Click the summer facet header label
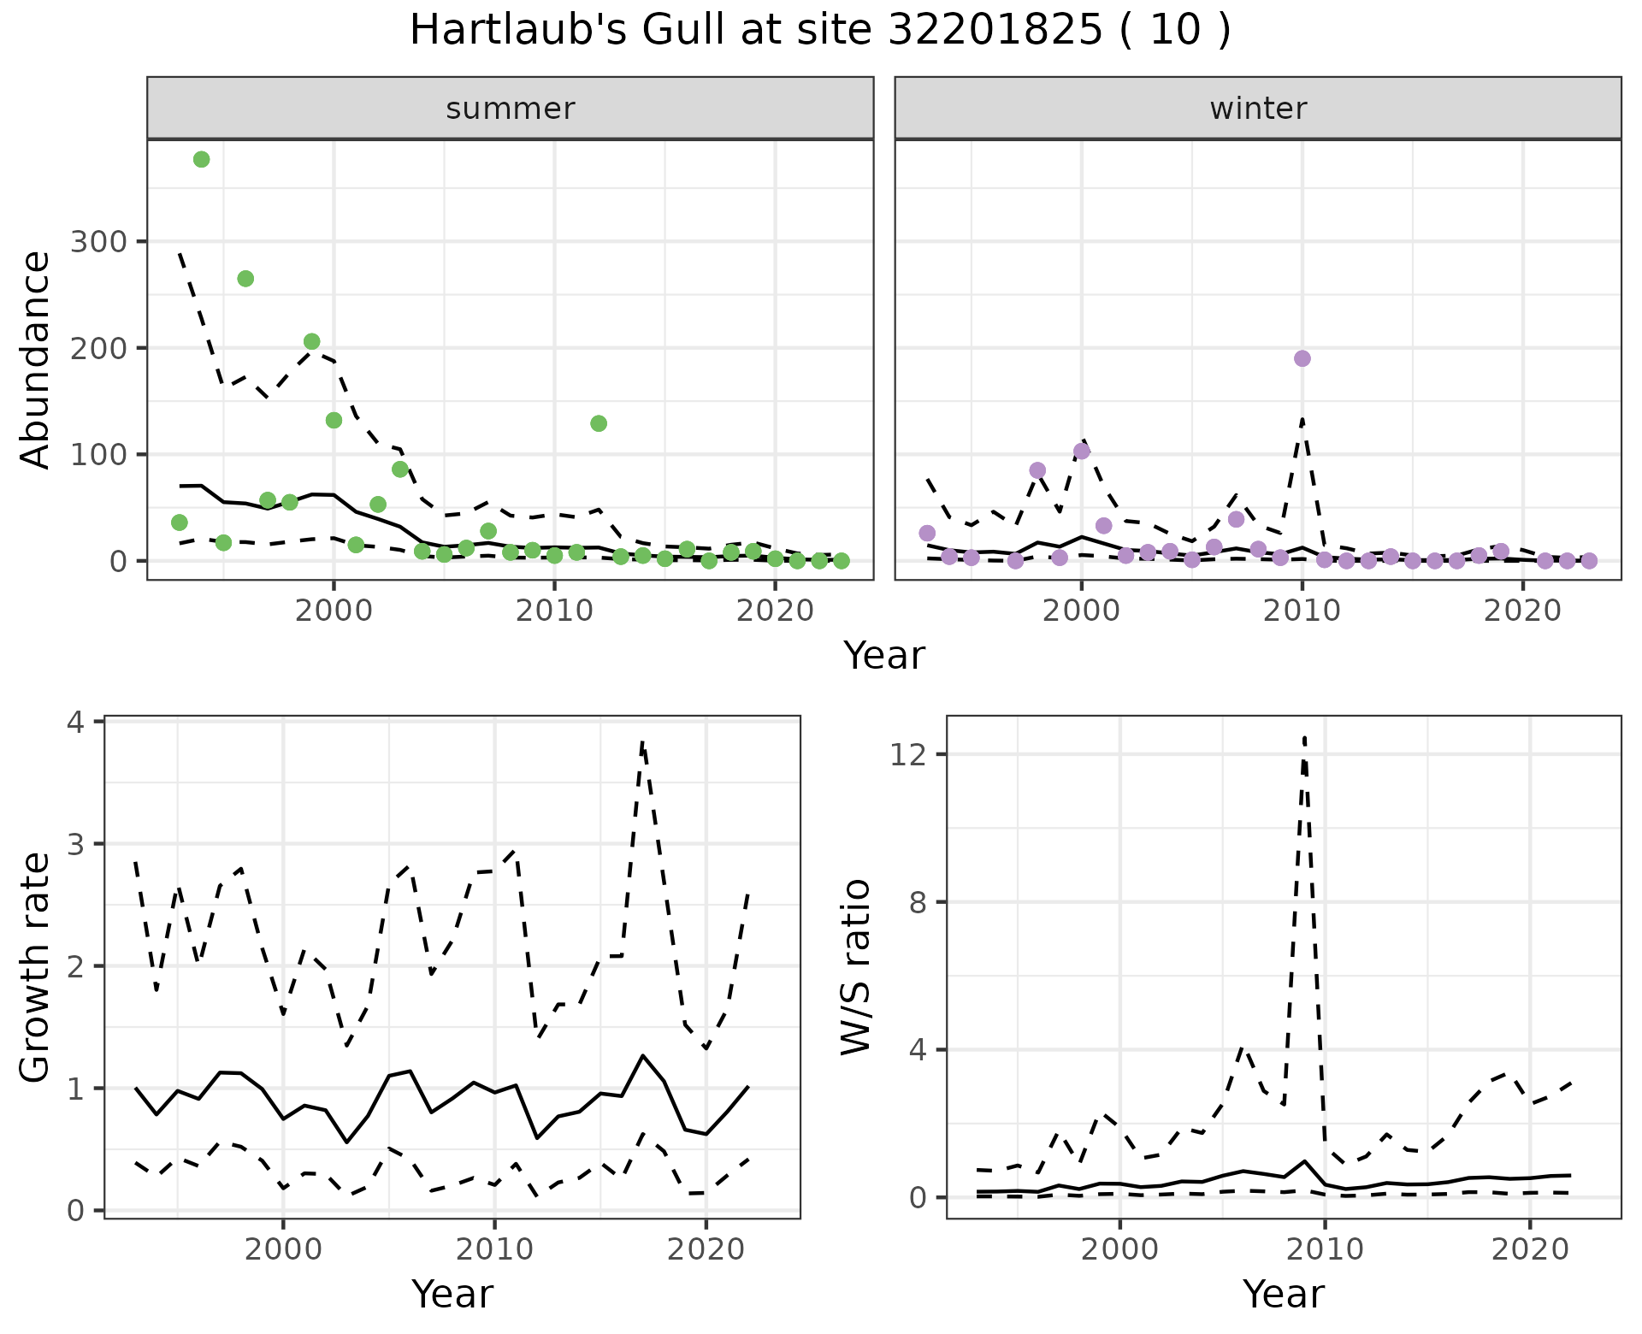click(510, 109)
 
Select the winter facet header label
click(1257, 109)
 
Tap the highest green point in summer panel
click(202, 160)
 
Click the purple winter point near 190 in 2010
click(1302, 358)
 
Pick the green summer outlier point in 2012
click(599, 423)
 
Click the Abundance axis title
click(36, 359)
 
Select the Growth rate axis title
click(36, 967)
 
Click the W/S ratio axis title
click(856, 967)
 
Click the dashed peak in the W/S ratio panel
click(1304, 738)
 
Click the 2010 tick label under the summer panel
click(554, 611)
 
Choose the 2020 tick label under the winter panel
click(1522, 611)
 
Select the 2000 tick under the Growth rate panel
click(283, 1249)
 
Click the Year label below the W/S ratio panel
click(1283, 1294)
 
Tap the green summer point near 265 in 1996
click(245, 279)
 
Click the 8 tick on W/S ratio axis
click(918, 902)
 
